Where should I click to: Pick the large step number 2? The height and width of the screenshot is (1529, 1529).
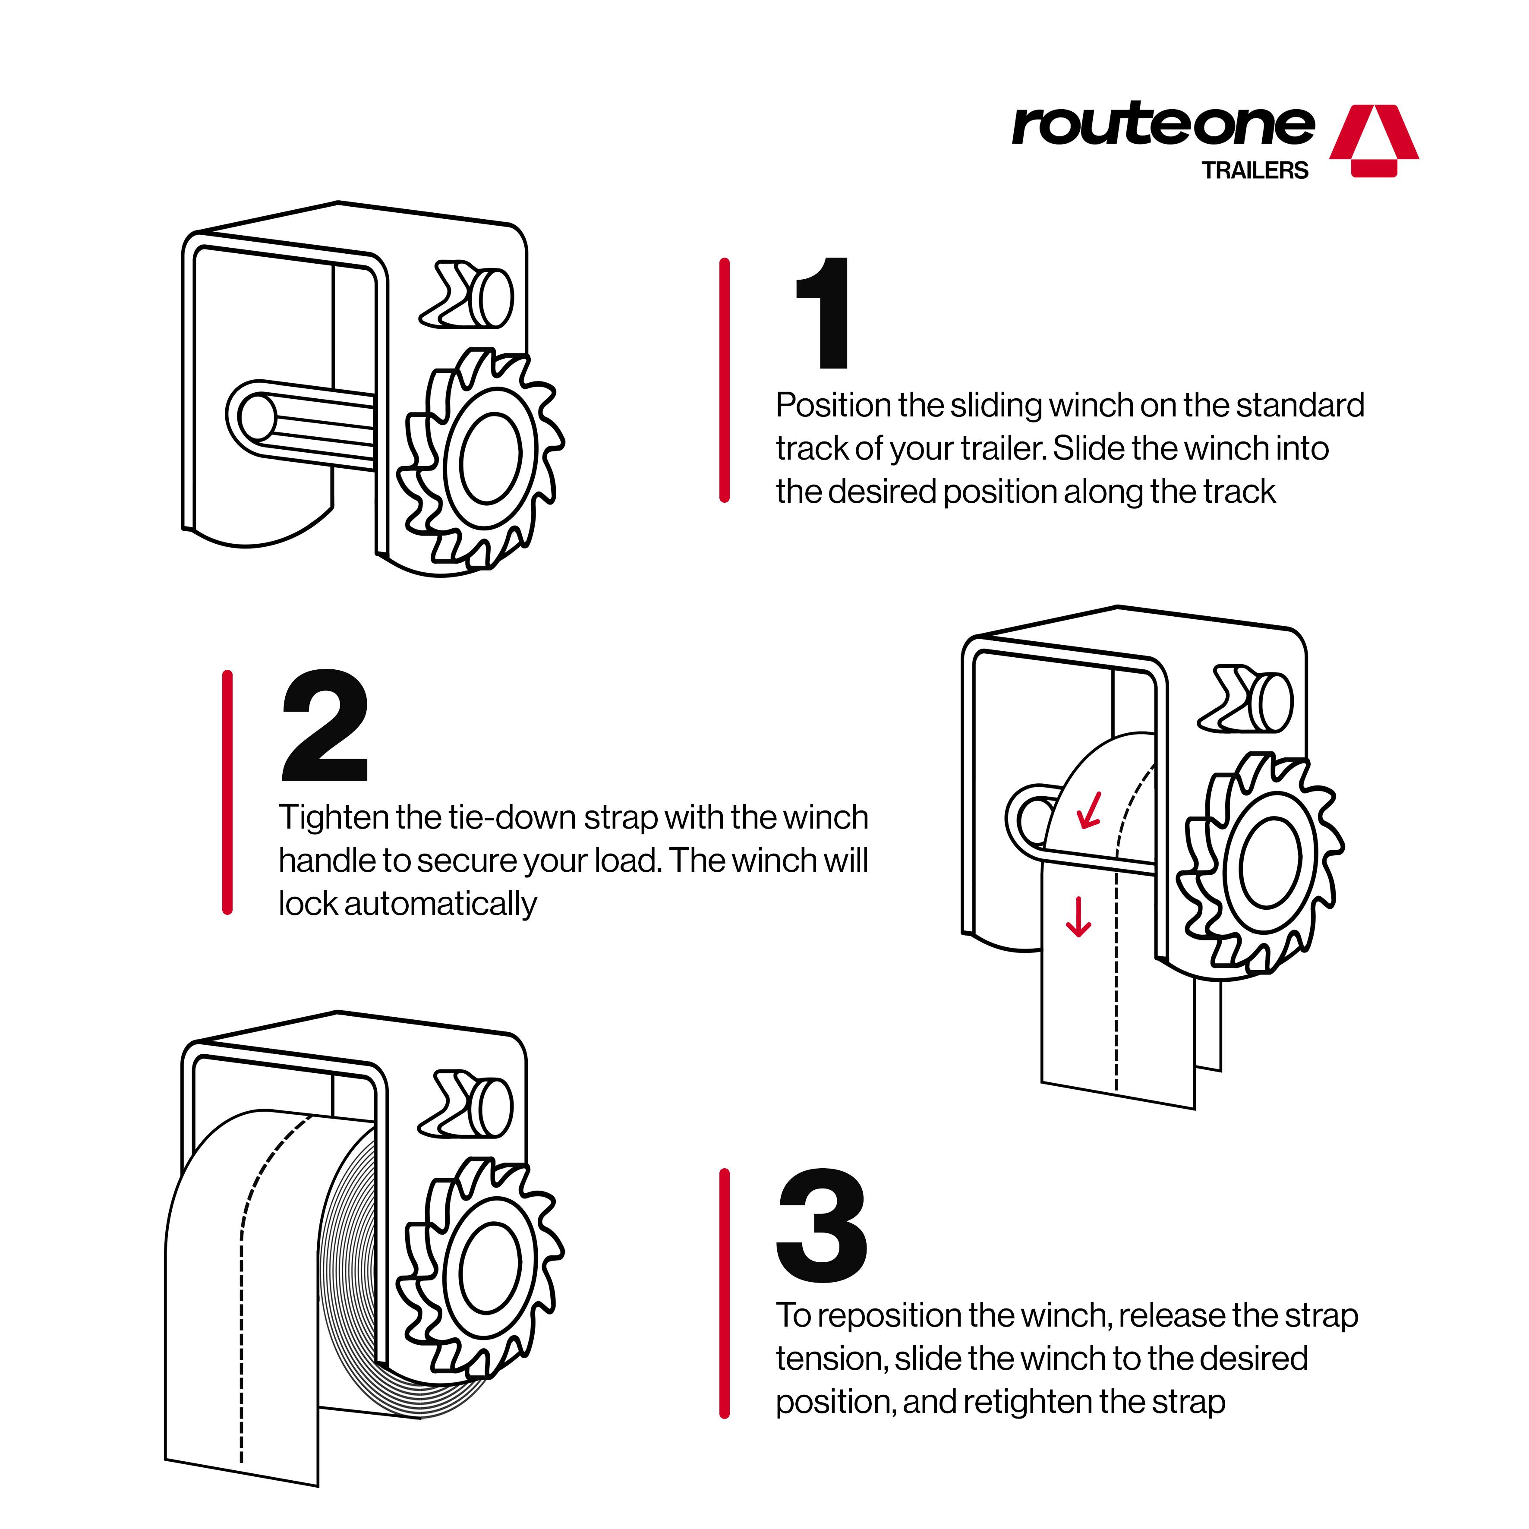pos(325,726)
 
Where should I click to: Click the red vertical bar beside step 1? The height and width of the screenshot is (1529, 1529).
pos(724,380)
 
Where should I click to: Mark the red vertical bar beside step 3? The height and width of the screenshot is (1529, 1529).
pos(724,1293)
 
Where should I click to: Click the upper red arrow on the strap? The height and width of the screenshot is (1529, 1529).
pos(1090,811)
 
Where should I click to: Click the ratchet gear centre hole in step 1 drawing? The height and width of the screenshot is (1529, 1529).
pos(491,457)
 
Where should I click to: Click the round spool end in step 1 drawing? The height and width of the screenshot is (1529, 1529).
pos(257,417)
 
